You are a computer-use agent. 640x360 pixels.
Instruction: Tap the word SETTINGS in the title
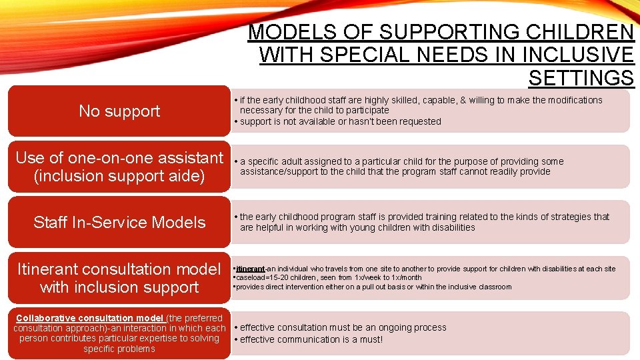(x=581, y=78)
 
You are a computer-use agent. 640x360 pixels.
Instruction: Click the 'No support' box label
(x=119, y=111)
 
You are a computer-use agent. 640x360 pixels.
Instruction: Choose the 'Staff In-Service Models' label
(x=119, y=223)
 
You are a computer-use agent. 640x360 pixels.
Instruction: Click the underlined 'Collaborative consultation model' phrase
(x=90, y=317)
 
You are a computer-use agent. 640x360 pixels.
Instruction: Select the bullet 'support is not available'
(x=340, y=121)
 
